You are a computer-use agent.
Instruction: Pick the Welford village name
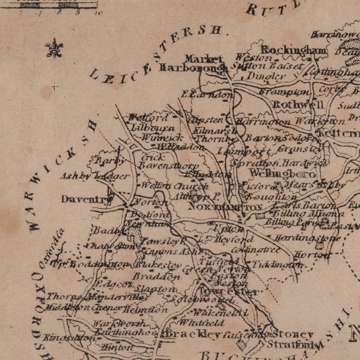(x=148, y=118)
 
